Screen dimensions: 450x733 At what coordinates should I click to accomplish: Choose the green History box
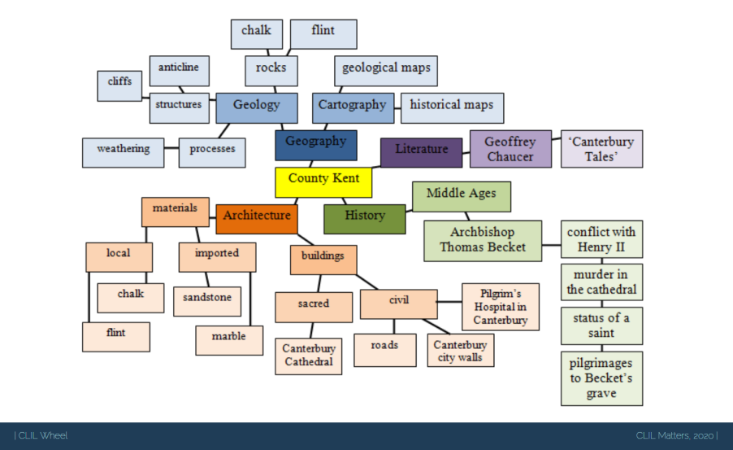pos(364,218)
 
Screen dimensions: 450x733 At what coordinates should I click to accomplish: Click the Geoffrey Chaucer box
pos(510,149)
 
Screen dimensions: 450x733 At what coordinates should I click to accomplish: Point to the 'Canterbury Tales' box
pos(601,149)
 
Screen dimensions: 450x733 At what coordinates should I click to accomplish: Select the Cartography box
pos(352,107)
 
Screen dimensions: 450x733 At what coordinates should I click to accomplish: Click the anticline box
pos(179,70)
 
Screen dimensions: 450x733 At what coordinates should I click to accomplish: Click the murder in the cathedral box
pos(601,282)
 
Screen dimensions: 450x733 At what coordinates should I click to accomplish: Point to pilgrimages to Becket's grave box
pos(601,378)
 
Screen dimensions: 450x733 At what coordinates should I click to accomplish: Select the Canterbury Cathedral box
pos(308,356)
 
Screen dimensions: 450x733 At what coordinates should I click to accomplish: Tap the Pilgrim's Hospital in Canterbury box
pos(501,307)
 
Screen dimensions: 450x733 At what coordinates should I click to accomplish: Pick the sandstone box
pos(206,300)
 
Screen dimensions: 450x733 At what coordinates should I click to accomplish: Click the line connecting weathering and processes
pos(171,149)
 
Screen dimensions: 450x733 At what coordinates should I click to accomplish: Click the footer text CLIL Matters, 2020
pos(676,436)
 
